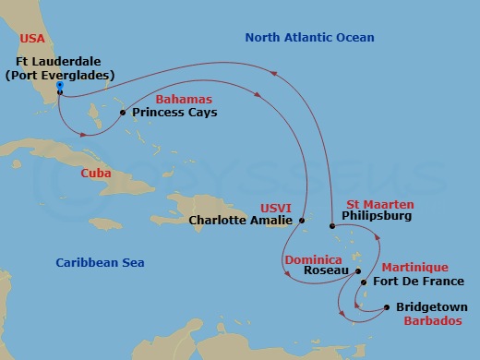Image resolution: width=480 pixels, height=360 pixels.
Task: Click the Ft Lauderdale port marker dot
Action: click(60, 87)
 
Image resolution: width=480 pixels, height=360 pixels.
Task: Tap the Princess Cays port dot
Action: click(123, 114)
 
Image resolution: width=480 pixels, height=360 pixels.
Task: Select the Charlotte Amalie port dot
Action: click(302, 221)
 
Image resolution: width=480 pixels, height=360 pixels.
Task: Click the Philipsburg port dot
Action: click(332, 226)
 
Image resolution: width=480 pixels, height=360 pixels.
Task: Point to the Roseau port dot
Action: click(358, 271)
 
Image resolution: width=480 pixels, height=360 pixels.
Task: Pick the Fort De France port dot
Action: click(364, 283)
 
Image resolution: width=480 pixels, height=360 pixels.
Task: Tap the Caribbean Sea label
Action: click(99, 263)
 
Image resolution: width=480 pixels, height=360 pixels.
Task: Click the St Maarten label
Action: click(379, 204)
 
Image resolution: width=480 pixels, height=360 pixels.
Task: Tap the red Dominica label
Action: click(313, 259)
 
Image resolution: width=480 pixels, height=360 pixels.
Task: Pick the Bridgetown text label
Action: click(431, 307)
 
